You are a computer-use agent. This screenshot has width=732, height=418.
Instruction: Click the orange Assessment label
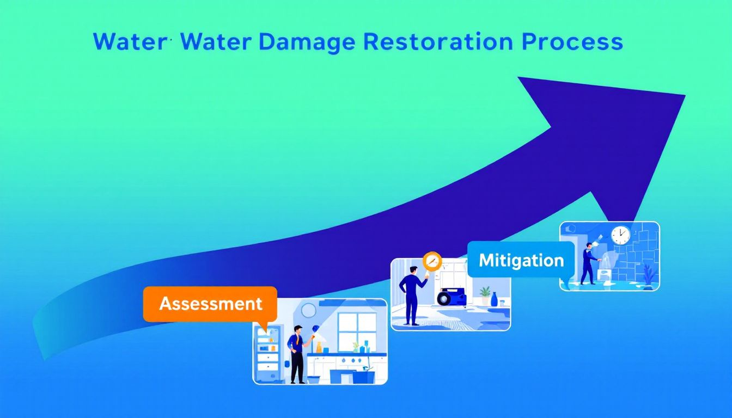click(x=210, y=304)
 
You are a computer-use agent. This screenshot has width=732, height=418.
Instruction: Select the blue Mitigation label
click(x=521, y=260)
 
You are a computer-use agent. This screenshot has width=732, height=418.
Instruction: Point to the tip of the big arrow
click(x=684, y=96)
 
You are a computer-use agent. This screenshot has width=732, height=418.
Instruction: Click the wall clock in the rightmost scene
click(x=620, y=235)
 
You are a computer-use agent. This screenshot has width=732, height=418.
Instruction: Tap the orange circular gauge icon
click(x=432, y=261)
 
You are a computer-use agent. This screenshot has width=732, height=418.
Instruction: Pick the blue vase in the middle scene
click(x=494, y=299)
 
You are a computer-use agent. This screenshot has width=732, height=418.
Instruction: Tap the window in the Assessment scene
click(x=357, y=331)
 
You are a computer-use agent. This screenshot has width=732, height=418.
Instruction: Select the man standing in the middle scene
click(x=411, y=297)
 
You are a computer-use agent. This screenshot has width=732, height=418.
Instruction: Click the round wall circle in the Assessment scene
click(x=308, y=310)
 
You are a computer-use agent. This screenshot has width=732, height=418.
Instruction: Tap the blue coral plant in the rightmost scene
click(x=648, y=275)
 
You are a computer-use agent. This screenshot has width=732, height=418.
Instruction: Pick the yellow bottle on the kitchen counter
click(x=319, y=347)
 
